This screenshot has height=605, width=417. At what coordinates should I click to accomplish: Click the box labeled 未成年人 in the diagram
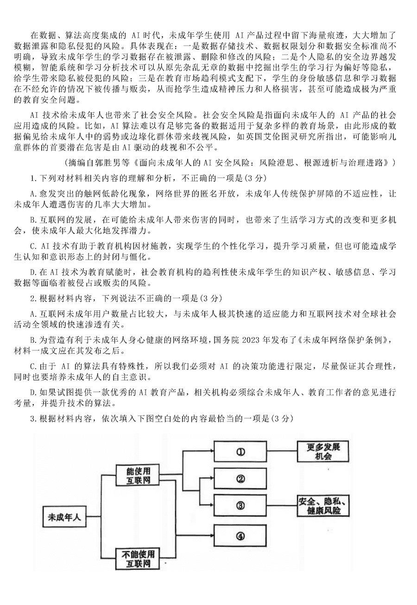click(64, 517)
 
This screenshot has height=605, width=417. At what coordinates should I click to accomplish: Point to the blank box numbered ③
click(240, 505)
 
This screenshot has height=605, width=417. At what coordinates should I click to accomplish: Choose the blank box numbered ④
click(240, 536)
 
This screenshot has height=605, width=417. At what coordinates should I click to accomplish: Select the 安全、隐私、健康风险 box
click(323, 505)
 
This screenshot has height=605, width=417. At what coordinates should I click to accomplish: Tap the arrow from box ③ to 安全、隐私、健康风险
click(282, 505)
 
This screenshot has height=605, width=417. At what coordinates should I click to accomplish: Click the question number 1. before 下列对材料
click(33, 178)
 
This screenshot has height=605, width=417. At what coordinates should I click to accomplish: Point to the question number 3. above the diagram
click(33, 418)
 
